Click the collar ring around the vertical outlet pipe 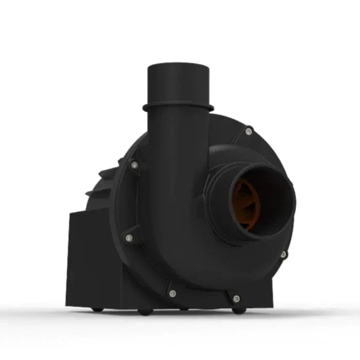[x=178, y=107]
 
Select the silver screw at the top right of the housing [x=248, y=132]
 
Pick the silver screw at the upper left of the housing [x=134, y=165]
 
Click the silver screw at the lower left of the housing [x=129, y=238]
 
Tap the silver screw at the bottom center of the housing [x=172, y=293]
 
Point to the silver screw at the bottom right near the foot [x=236, y=298]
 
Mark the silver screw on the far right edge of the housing [x=283, y=254]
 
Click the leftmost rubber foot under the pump [x=97, y=309]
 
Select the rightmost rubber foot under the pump [x=237, y=311]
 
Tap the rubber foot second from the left [x=145, y=312]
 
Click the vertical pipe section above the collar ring [x=178, y=85]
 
